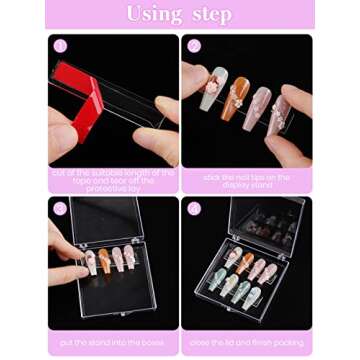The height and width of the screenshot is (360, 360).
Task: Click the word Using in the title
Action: click(152, 15)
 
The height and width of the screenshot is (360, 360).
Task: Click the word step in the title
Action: click(211, 15)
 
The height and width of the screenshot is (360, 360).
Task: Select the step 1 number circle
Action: click(60, 46)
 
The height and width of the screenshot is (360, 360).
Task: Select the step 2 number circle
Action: click(193, 46)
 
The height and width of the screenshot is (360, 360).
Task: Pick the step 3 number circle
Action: click(60, 209)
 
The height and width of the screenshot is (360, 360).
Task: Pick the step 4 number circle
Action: click(193, 209)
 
